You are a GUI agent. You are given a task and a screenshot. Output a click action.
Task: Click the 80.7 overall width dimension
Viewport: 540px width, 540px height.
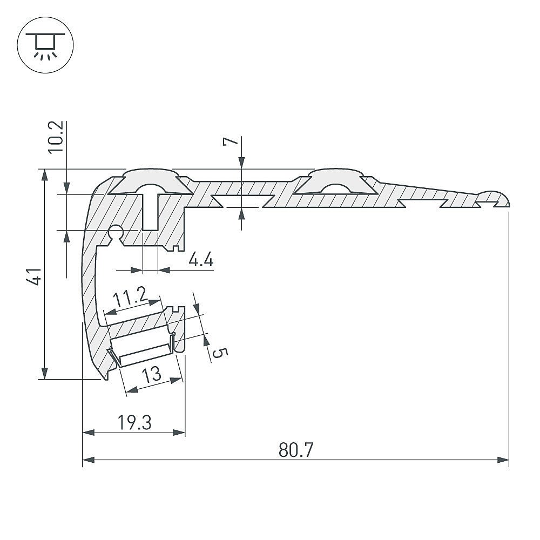pyautogui.click(x=296, y=450)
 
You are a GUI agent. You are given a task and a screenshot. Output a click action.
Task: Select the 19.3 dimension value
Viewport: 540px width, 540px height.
pyautogui.click(x=134, y=423)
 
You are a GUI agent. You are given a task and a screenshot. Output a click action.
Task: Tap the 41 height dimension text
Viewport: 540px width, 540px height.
pyautogui.click(x=33, y=276)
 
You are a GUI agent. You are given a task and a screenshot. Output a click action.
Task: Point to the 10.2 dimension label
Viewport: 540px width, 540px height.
pyautogui.click(x=55, y=137)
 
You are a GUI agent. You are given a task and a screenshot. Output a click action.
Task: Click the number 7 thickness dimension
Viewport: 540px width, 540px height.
pyautogui.click(x=231, y=141)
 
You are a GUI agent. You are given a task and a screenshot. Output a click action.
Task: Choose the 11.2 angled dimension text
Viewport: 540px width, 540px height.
pyautogui.click(x=130, y=297)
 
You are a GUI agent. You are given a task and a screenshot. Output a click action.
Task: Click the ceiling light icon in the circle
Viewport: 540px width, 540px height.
pyautogui.click(x=45, y=45)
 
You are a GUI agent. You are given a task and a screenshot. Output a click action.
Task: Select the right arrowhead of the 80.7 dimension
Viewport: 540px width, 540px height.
pyautogui.click(x=503, y=460)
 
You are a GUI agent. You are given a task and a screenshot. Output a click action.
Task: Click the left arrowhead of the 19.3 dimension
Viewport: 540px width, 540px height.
pyautogui.click(x=89, y=432)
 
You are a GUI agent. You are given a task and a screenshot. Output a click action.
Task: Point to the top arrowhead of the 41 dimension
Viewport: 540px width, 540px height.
pyautogui.click(x=44, y=175)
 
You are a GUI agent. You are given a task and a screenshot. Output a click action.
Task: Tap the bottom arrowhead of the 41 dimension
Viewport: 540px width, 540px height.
pyautogui.click(x=44, y=373)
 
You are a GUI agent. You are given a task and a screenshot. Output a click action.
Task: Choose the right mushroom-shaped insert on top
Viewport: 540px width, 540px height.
pyautogui.click(x=335, y=181)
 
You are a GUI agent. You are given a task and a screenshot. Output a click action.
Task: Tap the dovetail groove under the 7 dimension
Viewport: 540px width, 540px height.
pyautogui.click(x=243, y=201)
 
